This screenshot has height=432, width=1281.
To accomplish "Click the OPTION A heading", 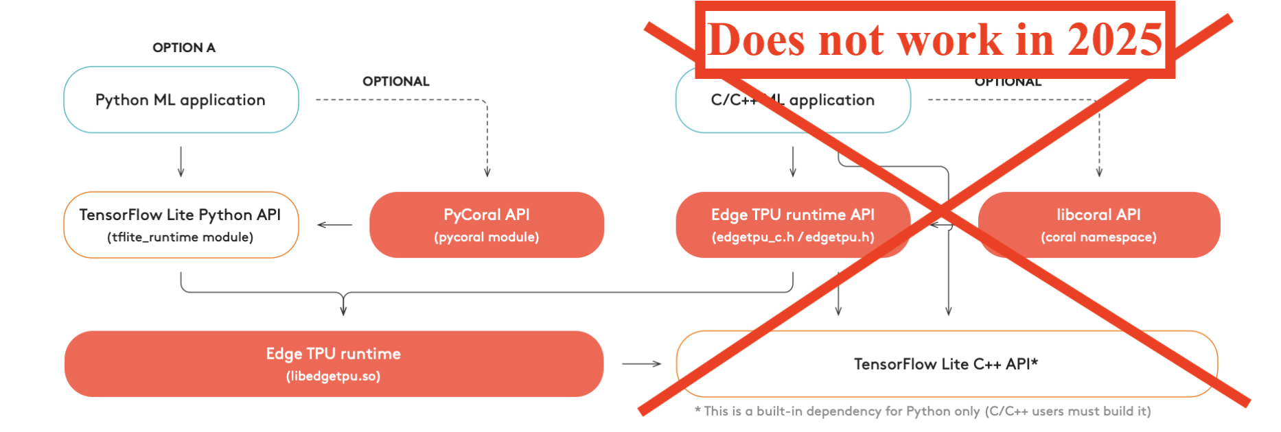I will (183, 47).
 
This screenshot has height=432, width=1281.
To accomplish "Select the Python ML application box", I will (181, 100).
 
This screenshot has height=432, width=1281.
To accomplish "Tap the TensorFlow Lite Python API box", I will (181, 224).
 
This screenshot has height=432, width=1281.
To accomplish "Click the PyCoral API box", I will (486, 224).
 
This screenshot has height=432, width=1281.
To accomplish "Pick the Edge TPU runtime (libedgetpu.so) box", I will (334, 363).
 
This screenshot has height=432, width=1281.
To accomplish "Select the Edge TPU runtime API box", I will (792, 224).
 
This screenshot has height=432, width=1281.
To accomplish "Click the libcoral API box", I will (1098, 224).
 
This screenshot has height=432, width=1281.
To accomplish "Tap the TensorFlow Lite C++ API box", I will (946, 364).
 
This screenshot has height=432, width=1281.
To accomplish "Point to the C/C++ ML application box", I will (792, 100).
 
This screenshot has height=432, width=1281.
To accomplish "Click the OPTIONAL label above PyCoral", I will (395, 81).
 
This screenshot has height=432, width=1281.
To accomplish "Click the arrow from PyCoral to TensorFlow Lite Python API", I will (334, 225).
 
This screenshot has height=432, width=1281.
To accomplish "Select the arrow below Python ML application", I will (181, 162).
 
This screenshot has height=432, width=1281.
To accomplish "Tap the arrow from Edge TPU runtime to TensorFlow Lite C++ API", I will (641, 364).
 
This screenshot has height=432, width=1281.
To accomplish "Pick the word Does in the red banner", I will (756, 39).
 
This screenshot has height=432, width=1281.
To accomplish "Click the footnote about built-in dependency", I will (923, 411).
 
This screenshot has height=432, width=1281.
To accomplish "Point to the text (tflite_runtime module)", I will (180, 237).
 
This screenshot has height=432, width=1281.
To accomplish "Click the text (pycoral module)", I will (486, 237).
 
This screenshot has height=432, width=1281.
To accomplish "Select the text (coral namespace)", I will (1098, 237).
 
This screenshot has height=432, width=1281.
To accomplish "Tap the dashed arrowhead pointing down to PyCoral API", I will (487, 173).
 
